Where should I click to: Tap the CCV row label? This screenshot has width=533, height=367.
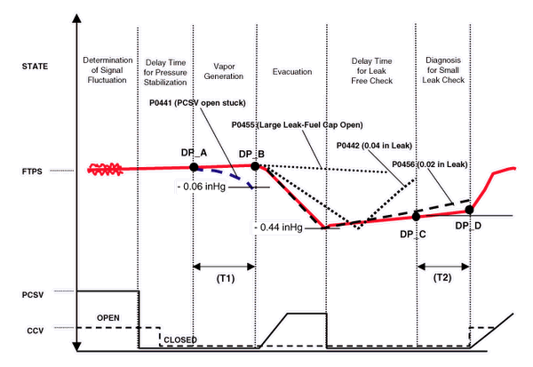[x=31, y=331]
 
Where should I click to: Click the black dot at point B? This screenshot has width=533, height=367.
[x=255, y=166]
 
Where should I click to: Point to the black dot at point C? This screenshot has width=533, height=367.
[x=416, y=216]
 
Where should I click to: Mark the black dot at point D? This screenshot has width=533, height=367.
[x=468, y=211]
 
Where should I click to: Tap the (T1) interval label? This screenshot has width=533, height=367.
[x=224, y=279]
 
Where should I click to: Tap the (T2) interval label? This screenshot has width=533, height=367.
[x=442, y=279]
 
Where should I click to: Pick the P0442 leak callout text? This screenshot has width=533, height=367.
[x=366, y=146]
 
